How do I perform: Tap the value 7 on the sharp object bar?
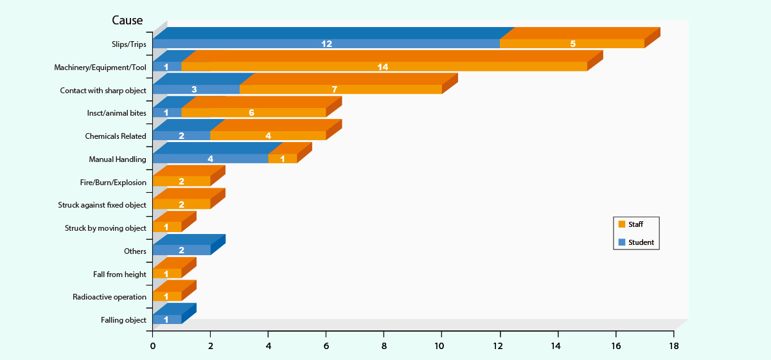[335, 90]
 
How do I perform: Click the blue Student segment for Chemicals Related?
[181, 136]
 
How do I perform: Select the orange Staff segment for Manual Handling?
[283, 159]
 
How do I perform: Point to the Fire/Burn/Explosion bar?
[181, 182]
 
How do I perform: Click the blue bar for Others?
[181, 251]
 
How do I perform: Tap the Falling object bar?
[167, 319]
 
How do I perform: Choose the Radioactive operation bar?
[167, 296]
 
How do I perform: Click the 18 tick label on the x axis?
[673, 345]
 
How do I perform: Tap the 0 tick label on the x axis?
[153, 345]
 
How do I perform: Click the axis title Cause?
[127, 21]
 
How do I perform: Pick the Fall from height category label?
[120, 274]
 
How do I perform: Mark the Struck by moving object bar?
[167, 228]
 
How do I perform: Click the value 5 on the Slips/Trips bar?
[572, 44]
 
